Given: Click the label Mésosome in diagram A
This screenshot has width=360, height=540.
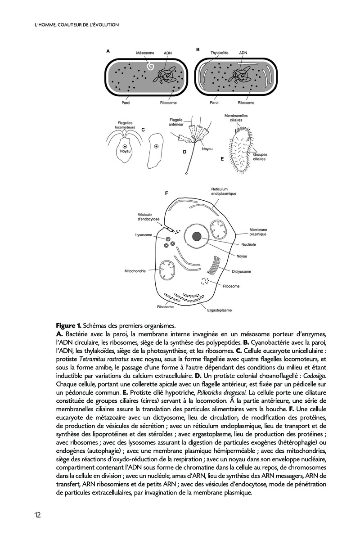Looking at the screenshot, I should point(145,53).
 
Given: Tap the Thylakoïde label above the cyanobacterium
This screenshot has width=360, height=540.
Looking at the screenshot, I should point(220,53).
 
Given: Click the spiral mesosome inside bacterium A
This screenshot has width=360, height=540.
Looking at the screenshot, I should point(150,67).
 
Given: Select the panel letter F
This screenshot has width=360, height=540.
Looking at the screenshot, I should point(166,193).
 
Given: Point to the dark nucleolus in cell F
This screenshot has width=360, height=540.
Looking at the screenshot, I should point(197,236).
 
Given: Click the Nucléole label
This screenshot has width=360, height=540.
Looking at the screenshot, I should point(248,245).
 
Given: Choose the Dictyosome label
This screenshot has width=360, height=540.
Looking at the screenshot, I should point(242,272).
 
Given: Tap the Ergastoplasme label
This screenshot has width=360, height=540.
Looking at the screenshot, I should point(219,310).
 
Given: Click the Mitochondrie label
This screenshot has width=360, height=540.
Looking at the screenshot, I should point(135,271).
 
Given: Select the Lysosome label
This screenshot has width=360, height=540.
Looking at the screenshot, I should point(144,235).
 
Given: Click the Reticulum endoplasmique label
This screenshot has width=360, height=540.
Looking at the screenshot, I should point(224,191).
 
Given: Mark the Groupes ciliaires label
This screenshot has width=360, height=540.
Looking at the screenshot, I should point(259,157).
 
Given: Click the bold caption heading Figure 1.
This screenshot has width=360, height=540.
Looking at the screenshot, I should point(68,325).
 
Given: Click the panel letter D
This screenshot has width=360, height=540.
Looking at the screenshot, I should point(184,152).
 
